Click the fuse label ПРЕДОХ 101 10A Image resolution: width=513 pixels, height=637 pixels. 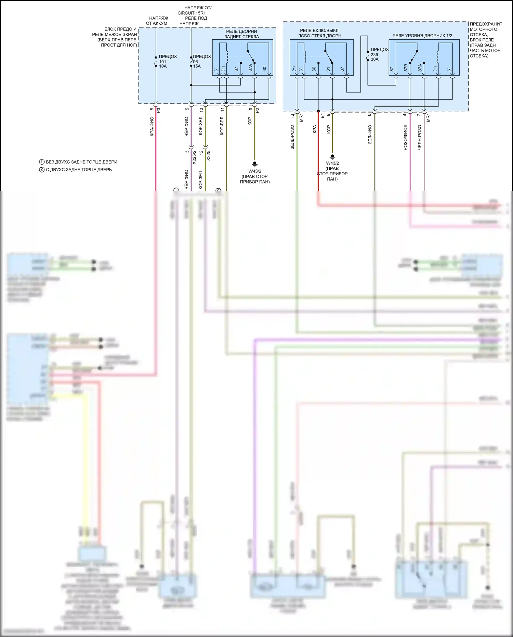coord(167,61)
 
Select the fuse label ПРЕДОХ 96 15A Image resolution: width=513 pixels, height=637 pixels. coord(201,61)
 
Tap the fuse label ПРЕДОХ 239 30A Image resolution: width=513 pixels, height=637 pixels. coord(379,54)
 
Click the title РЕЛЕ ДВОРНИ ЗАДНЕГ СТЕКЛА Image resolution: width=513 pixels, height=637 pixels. coord(241,34)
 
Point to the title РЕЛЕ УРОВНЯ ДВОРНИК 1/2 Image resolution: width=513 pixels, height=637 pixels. coord(422,36)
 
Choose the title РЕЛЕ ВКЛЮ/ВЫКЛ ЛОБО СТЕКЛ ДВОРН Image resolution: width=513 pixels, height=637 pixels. coord(319,33)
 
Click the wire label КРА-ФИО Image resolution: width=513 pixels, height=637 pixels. coord(152,127)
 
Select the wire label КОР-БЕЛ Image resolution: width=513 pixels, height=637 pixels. coord(222,126)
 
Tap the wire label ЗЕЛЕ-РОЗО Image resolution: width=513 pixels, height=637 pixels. coord(292,137)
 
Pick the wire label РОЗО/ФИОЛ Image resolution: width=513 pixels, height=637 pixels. coord(406,137)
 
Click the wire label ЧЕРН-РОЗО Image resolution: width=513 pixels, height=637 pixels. coord(420,137)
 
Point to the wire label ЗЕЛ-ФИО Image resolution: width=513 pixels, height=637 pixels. coord(370,134)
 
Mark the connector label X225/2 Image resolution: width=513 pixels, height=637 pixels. coord(194,157)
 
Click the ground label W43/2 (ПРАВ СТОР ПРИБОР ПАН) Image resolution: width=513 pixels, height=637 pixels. coord(255,177)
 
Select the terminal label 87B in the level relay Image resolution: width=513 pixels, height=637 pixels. coord(406,67)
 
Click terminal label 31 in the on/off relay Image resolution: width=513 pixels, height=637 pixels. coord(328,69)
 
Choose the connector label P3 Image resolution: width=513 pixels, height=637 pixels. coord(158,110)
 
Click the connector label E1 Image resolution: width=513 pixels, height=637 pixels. coord(322,116)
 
